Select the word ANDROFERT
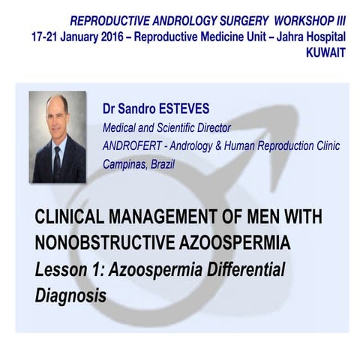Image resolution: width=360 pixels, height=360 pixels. click(x=137, y=145)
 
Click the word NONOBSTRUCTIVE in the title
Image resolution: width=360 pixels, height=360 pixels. click(x=105, y=243)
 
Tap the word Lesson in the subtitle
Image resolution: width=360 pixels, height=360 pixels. click(x=61, y=268)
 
